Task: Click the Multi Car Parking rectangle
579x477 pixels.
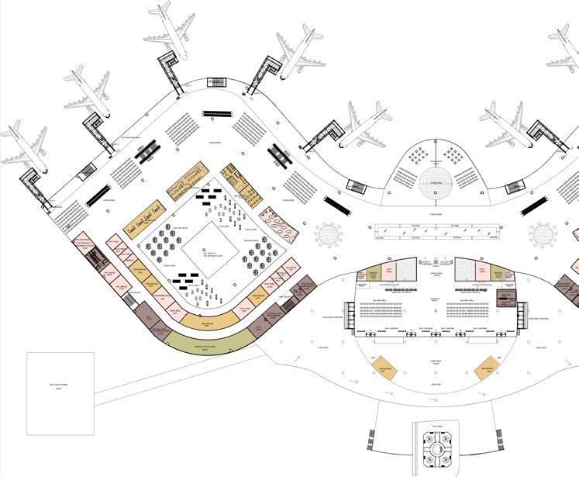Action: coord(60,393)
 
